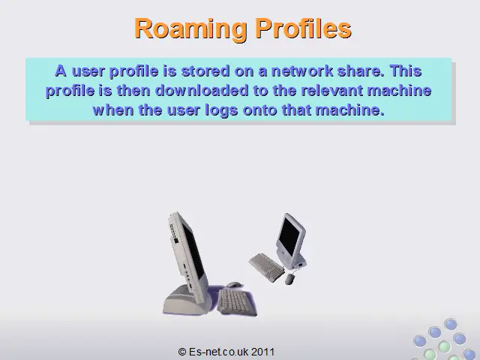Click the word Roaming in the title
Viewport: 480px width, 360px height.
point(190,29)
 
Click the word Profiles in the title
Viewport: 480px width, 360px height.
point(304,28)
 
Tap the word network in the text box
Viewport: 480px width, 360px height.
point(302,71)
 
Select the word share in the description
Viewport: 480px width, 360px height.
point(361,71)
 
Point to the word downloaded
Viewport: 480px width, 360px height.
point(202,91)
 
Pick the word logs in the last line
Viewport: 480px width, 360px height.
point(221,110)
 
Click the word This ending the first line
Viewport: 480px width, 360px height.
point(406,71)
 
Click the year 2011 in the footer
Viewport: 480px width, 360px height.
point(263,352)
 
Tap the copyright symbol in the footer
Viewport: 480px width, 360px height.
point(182,352)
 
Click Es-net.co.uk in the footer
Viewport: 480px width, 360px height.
point(219,352)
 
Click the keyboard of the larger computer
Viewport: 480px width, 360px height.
point(237,301)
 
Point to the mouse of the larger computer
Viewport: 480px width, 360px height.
point(233,285)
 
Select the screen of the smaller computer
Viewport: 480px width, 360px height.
point(289,236)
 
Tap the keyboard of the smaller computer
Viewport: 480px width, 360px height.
point(266,267)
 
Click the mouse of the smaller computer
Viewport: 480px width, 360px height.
point(290,279)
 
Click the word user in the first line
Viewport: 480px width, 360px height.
point(88,71)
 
